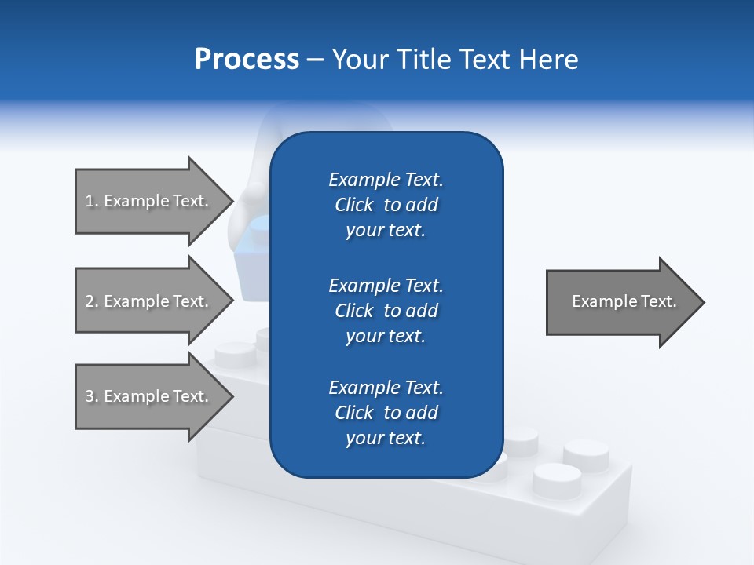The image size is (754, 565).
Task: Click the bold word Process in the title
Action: [x=247, y=60]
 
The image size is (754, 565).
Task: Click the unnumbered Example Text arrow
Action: [x=620, y=302]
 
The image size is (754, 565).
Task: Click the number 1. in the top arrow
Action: [x=92, y=201]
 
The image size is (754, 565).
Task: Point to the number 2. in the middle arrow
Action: [x=92, y=301]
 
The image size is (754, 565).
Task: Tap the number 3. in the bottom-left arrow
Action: [x=92, y=396]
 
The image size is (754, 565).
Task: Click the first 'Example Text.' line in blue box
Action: [x=386, y=180]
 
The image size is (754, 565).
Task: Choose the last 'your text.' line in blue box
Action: [x=386, y=438]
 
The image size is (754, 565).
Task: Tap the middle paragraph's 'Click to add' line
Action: [x=386, y=311]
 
